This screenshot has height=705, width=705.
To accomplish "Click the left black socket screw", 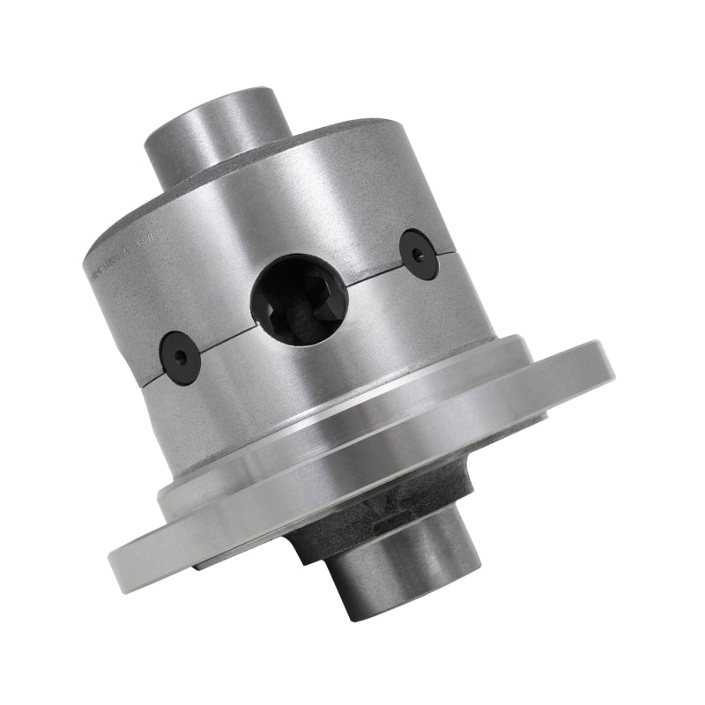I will pyautogui.click(x=179, y=356).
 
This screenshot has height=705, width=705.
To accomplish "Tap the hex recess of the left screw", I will pyautogui.click(x=180, y=357).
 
